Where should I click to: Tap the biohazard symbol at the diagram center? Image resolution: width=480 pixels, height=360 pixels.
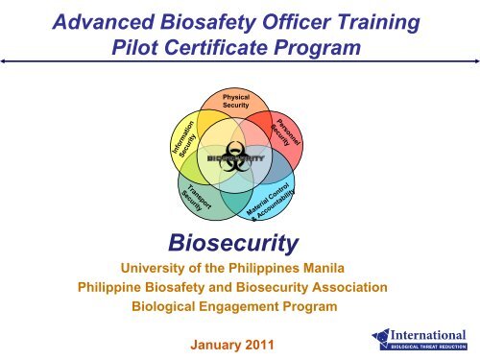click(x=236, y=156)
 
